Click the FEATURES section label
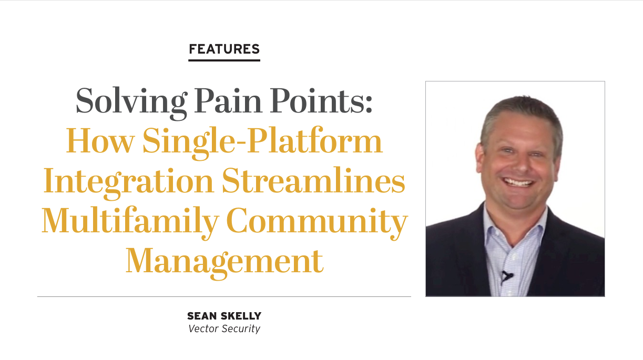pyautogui.click(x=224, y=49)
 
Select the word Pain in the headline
pyautogui.click(x=228, y=100)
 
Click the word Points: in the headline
pyautogui.click(x=321, y=100)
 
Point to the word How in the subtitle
pyautogui.click(x=100, y=140)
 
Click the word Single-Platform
pyautogui.click(x=262, y=142)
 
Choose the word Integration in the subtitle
pyautogui.click(x=129, y=183)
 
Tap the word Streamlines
pyautogui.click(x=313, y=180)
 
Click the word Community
pyautogui.click(x=317, y=223)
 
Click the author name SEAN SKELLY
pyautogui.click(x=224, y=316)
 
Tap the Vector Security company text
pyautogui.click(x=224, y=329)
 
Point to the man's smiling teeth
pyautogui.click(x=518, y=182)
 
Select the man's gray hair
pyautogui.click(x=521, y=115)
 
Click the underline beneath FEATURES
pyautogui.click(x=224, y=60)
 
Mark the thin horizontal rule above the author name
pyautogui.click(x=224, y=296)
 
